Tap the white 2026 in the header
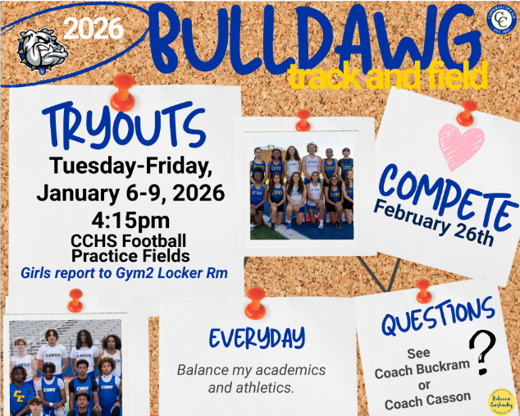coord(94,29)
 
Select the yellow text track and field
coord(386,75)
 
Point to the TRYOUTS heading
coord(122,126)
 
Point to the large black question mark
coord(486,352)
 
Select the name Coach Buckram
coord(417,372)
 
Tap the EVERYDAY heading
coord(257,337)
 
